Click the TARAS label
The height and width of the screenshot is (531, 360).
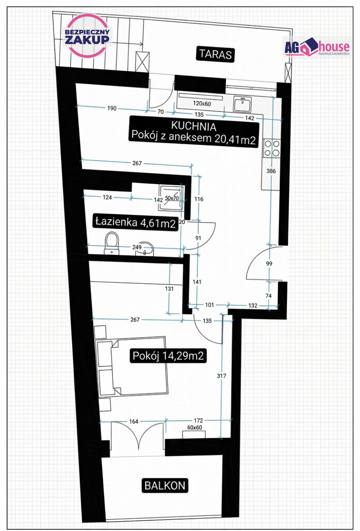pos(215,55)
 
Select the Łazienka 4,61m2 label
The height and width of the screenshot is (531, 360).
pos(135,222)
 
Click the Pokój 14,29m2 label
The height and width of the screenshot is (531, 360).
pos(168,355)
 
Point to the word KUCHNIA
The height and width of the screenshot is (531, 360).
pos(194,126)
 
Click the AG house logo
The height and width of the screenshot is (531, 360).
pos(317,47)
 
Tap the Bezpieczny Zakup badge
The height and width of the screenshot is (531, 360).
pos(87,36)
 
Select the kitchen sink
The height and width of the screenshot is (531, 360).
pos(242,104)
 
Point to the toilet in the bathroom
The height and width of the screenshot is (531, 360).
pos(112,243)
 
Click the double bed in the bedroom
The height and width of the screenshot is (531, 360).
pos(132,367)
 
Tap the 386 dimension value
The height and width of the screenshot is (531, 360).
pos(271,171)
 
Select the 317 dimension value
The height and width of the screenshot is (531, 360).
pos(221,376)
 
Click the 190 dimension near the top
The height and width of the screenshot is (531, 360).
pos(112,108)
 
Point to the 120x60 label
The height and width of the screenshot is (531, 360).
pos(202,104)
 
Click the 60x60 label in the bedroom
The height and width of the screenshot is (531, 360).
pos(194,427)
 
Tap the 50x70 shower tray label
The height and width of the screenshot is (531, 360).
pos(172,198)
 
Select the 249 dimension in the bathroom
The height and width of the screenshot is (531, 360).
pos(137,247)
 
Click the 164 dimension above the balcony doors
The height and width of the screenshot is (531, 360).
pos(134,421)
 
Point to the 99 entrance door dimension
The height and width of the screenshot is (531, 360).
pos(269,263)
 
